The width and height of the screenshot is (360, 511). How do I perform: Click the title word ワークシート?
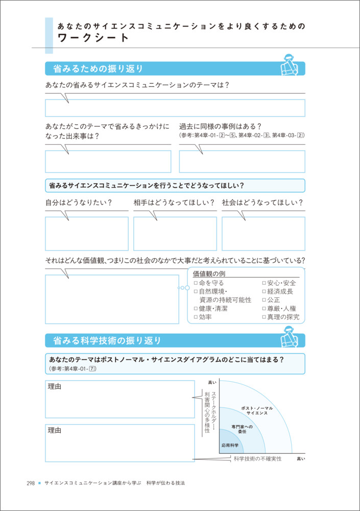(93, 38)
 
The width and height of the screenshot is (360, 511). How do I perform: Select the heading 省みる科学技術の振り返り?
(103, 340)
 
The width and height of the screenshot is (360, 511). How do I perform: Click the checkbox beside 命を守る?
(196, 283)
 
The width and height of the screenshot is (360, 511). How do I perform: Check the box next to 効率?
(196, 317)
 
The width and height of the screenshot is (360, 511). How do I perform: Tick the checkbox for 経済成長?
(264, 292)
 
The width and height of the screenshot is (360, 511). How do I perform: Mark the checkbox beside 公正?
(264, 300)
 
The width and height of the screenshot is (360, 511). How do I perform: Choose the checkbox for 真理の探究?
(264, 317)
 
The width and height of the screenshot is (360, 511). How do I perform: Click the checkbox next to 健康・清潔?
(196, 309)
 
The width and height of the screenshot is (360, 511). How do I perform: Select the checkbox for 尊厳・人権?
(264, 309)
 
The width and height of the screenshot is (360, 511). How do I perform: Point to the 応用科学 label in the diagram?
(230, 446)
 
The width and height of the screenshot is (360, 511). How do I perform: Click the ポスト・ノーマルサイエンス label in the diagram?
(257, 410)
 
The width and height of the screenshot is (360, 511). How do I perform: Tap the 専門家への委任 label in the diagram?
(242, 429)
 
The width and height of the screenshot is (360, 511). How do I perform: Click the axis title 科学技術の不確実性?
(257, 459)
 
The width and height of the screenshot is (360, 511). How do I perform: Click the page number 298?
(31, 483)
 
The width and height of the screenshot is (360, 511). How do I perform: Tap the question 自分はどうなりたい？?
(79, 203)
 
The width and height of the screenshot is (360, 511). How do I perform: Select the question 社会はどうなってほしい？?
(262, 203)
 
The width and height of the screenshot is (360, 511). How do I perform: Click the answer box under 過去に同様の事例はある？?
(242, 161)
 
